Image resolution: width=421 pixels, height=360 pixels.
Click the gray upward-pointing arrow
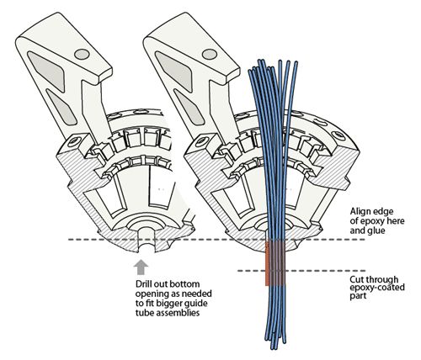pyautogui.click(x=140, y=268)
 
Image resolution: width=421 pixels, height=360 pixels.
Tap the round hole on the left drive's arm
pyautogui.click(x=80, y=53)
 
